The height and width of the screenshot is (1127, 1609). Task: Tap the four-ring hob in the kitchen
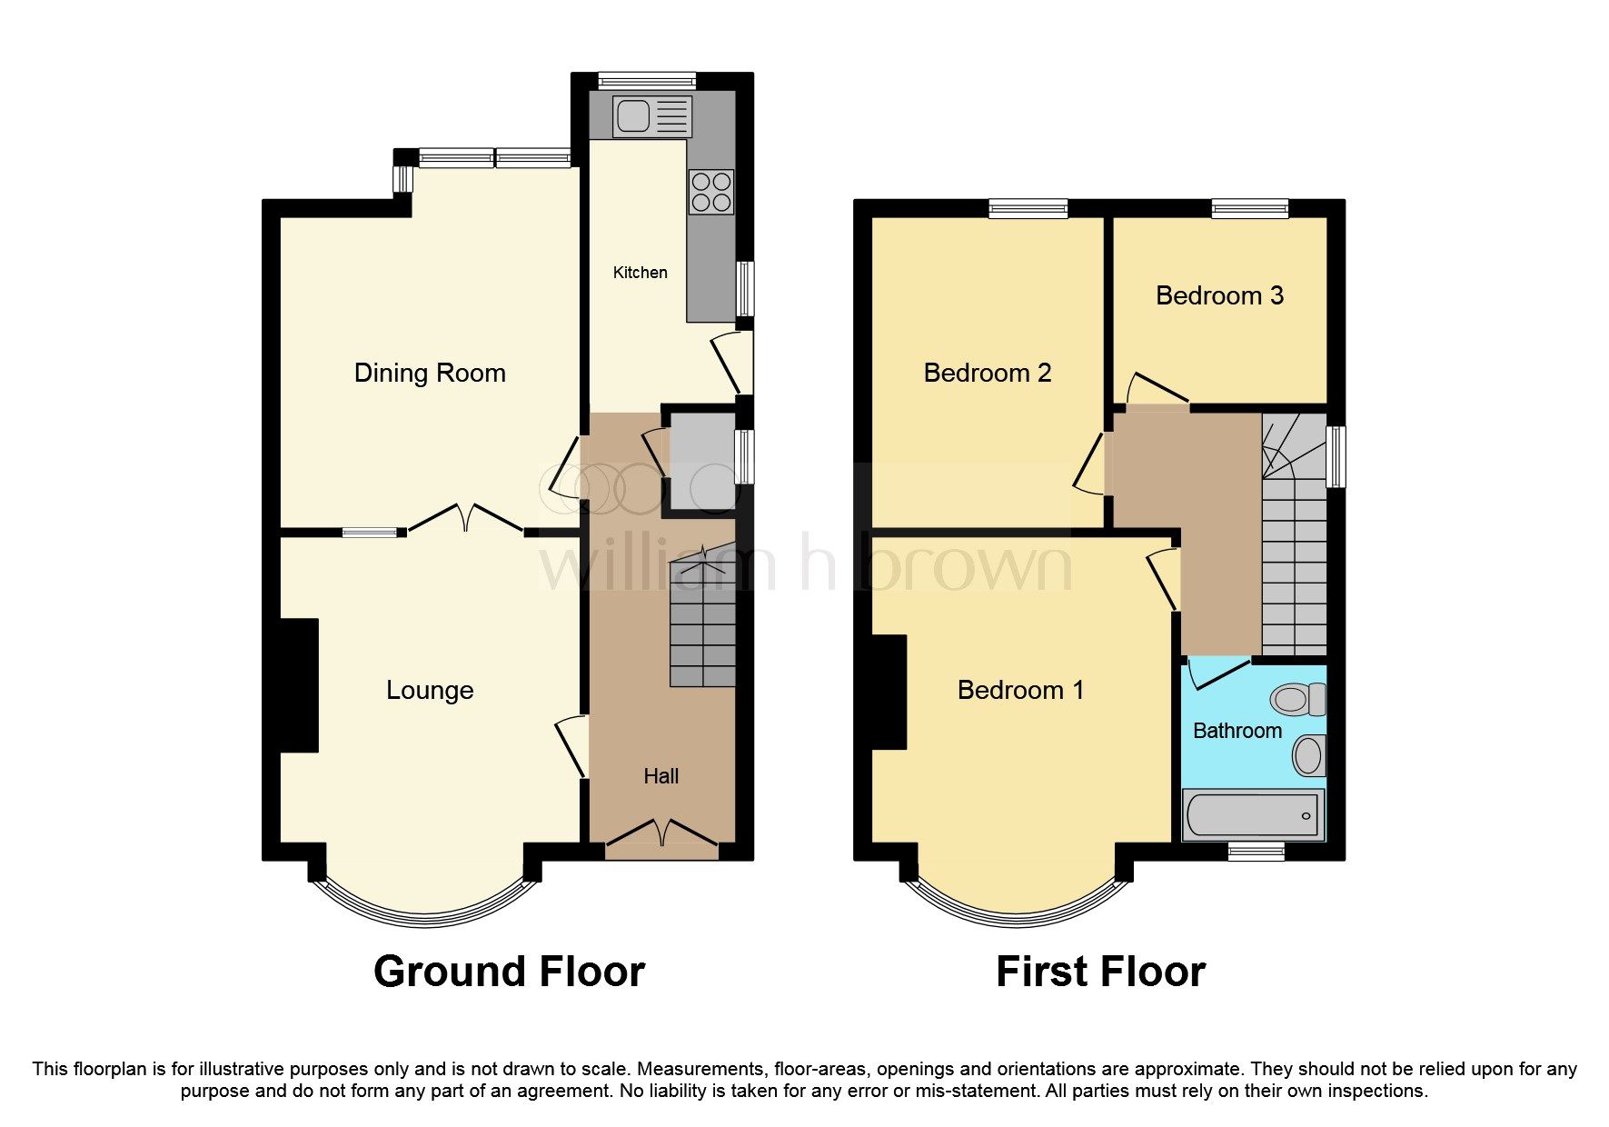[710, 192]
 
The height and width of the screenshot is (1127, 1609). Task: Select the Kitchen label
[640, 273]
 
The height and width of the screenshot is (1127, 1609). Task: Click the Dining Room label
[430, 373]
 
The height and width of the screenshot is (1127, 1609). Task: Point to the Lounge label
[430, 690]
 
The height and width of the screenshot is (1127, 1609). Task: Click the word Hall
[660, 776]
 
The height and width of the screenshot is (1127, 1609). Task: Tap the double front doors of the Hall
[661, 833]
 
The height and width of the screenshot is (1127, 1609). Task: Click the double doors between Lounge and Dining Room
[465, 519]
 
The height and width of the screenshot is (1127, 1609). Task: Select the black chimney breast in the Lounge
[299, 685]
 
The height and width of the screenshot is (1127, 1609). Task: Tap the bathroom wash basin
[1309, 755]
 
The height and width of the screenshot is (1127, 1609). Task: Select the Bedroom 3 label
[1219, 295]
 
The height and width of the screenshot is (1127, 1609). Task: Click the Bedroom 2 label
[987, 373]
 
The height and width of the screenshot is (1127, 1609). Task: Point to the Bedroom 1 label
[1020, 690]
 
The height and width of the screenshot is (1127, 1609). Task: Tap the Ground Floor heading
[509, 972]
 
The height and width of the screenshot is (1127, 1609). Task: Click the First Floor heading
[1100, 972]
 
